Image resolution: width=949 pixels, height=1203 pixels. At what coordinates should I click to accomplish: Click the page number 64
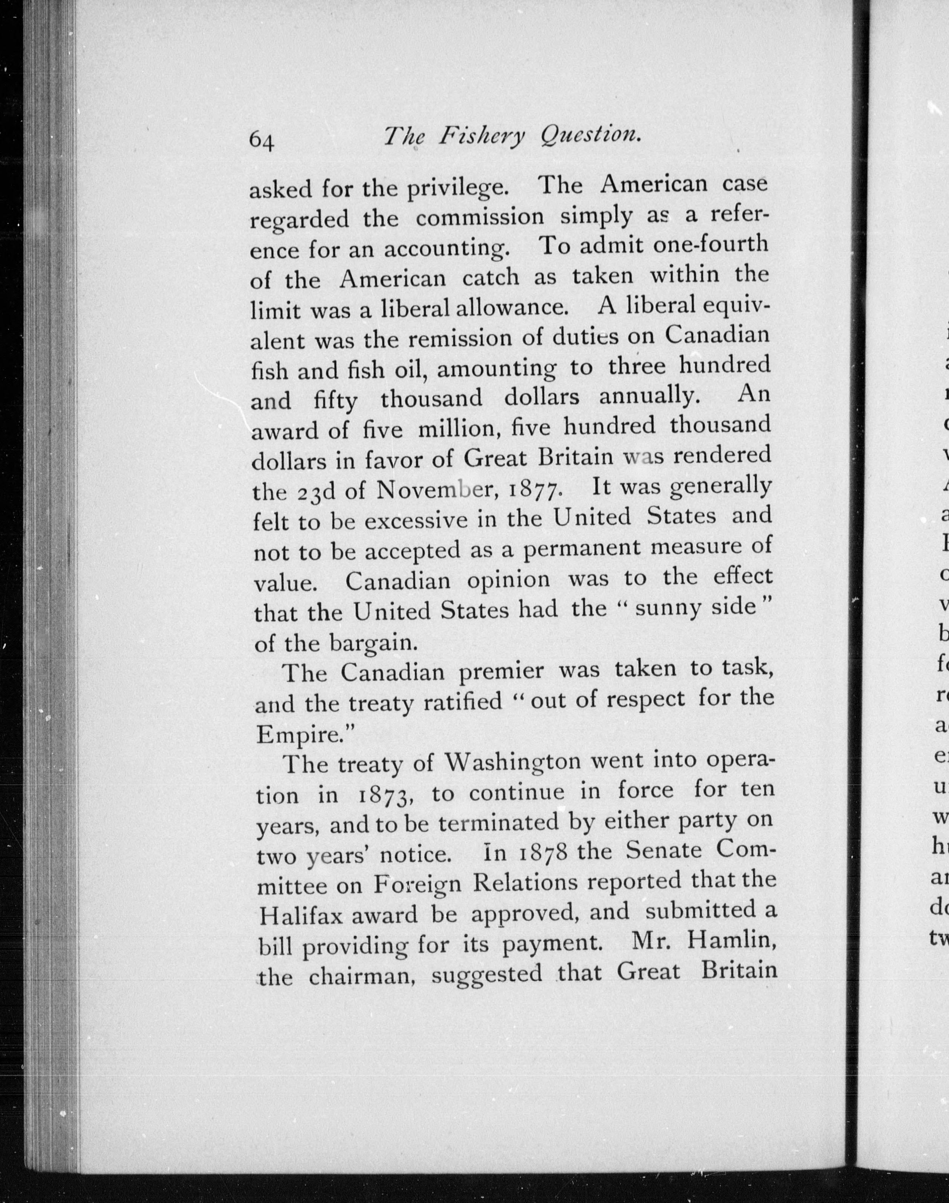pos(262,140)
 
